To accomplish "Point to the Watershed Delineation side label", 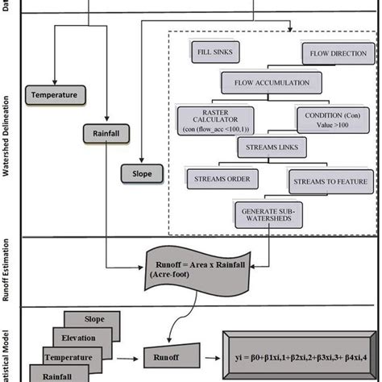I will pyautogui.click(x=6, y=129).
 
